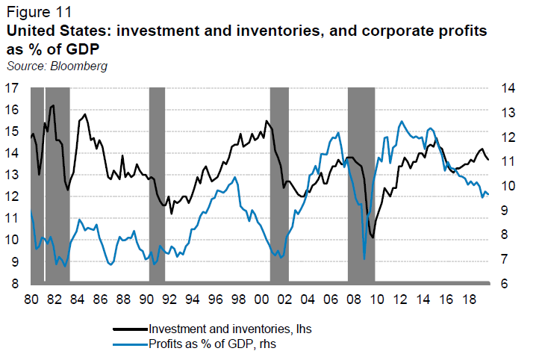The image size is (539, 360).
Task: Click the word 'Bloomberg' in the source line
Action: click(x=77, y=66)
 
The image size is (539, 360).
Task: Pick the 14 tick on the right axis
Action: click(x=508, y=88)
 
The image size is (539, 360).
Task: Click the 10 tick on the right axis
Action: click(x=508, y=186)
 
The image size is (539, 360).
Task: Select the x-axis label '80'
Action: click(x=31, y=298)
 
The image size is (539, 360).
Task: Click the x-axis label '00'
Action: click(x=261, y=298)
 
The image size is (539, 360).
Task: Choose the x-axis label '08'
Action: click(x=353, y=298)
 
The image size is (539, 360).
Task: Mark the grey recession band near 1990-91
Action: click(x=157, y=186)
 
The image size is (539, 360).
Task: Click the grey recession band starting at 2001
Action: click(x=279, y=186)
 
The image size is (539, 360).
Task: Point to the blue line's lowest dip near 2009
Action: click(x=364, y=258)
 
